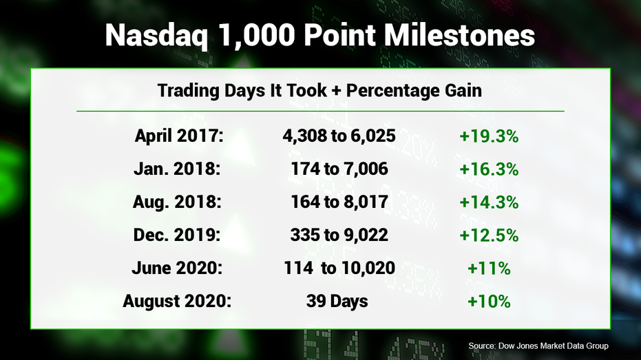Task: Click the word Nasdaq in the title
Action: click(x=156, y=36)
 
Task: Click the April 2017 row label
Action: click(x=179, y=136)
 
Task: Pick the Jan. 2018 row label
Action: click(x=177, y=169)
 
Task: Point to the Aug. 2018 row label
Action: click(x=177, y=202)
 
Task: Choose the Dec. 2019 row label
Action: click(x=176, y=235)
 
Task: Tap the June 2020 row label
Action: click(x=177, y=268)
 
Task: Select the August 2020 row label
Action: click(x=177, y=301)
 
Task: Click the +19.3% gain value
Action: click(x=489, y=136)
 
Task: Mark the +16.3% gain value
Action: click(x=489, y=169)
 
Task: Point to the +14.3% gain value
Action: click(x=489, y=202)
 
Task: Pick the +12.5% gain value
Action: click(x=489, y=235)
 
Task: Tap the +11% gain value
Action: click(x=489, y=268)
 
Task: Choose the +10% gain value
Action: click(x=489, y=301)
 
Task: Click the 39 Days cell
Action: click(x=337, y=301)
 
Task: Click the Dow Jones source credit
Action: click(x=538, y=346)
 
